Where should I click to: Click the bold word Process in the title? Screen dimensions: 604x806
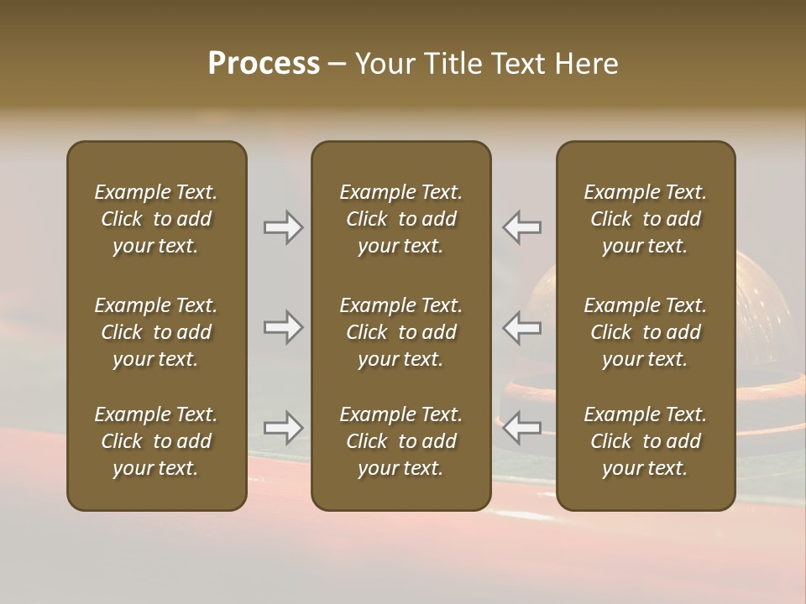264,64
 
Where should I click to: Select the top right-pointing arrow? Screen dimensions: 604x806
283,227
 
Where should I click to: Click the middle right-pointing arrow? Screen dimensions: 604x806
283,327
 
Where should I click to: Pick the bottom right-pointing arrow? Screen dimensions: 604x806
283,428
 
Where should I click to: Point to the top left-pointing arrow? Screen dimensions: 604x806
522,227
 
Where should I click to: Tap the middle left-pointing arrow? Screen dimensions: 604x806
522,327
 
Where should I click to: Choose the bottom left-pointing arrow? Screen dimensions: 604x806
522,428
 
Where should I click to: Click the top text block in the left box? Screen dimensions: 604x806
156,219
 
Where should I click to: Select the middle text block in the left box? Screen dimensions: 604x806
156,332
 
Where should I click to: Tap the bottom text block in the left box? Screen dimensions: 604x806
156,441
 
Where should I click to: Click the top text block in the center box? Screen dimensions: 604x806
401,219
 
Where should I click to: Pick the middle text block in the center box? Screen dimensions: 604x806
401,332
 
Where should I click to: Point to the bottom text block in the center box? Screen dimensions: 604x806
401,441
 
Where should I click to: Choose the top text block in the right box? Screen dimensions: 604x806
646,219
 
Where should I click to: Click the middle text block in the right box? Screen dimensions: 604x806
646,332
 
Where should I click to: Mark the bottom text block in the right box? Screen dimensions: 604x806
646,441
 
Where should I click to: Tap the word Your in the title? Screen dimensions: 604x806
385,64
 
